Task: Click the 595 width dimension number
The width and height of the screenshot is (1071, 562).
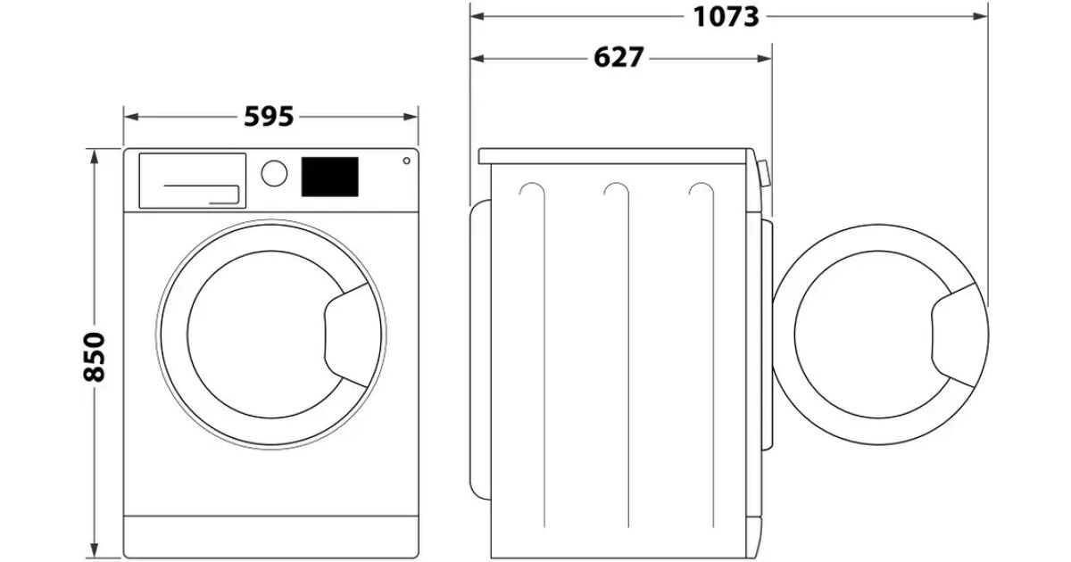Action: click(269, 117)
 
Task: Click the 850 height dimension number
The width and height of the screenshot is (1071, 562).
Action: click(94, 357)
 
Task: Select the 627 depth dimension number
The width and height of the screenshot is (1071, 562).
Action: click(619, 58)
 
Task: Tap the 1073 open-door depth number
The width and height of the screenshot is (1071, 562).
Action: click(726, 17)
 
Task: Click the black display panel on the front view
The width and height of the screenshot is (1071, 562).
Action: click(330, 177)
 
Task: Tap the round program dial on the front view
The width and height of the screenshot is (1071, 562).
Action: click(274, 173)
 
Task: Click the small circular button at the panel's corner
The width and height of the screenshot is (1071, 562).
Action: click(406, 161)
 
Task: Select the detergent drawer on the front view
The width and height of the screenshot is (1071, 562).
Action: click(192, 180)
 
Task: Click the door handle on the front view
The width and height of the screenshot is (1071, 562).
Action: click(348, 335)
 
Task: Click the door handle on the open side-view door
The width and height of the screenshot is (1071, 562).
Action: click(955, 335)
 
